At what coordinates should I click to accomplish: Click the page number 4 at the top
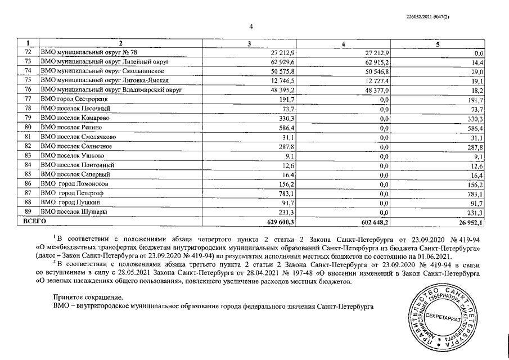251,26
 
